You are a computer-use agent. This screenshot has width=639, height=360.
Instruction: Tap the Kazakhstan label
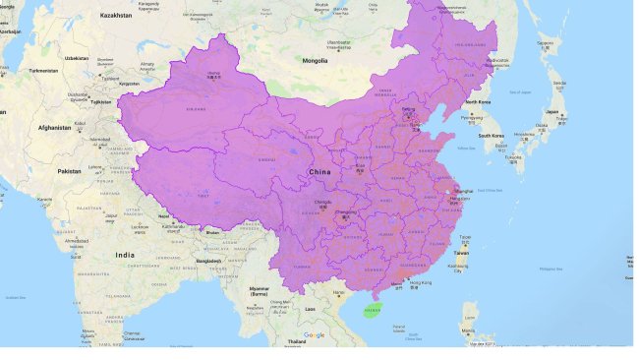click(x=116, y=16)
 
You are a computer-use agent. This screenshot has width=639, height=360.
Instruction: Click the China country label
click(x=319, y=171)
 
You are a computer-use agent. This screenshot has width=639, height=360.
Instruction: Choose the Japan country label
click(x=552, y=111)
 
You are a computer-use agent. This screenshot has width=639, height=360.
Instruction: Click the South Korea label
click(x=492, y=135)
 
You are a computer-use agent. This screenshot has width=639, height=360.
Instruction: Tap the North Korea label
click(x=477, y=102)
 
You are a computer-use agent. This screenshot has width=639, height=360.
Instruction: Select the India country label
click(x=125, y=255)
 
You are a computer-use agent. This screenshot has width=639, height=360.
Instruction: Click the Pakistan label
click(x=68, y=171)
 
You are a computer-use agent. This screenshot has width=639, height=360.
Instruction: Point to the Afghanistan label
click(x=53, y=127)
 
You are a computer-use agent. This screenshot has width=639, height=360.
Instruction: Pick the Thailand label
click(x=296, y=340)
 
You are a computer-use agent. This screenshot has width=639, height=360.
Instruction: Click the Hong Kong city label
click(x=420, y=283)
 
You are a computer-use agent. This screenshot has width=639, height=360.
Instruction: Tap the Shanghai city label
click(x=464, y=191)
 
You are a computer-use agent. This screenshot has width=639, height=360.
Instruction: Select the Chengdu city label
click(x=322, y=204)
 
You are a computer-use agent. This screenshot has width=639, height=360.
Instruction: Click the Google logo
click(x=314, y=335)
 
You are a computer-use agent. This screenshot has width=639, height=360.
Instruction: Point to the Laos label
click(x=310, y=308)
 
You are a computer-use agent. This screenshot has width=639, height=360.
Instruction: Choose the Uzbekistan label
click(x=76, y=58)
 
